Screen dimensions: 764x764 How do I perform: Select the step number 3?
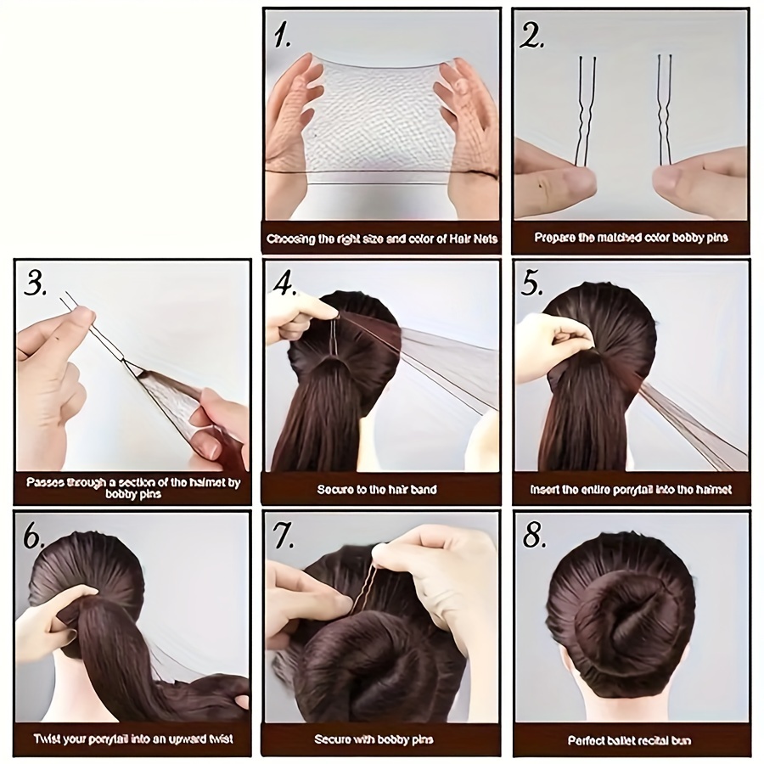(36, 284)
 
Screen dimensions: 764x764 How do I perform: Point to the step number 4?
(285, 284)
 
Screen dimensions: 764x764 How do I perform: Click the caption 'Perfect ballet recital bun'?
(630, 740)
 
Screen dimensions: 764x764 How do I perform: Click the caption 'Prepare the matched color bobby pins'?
(631, 239)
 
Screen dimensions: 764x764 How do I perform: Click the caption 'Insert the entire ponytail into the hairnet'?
(631, 490)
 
